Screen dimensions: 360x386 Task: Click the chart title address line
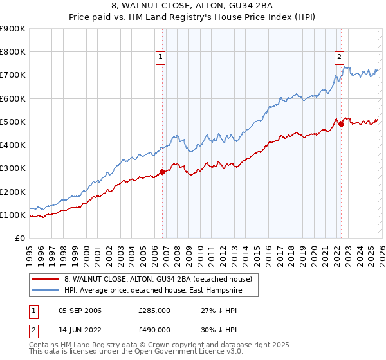coord(192,6)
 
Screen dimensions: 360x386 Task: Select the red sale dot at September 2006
coord(162,172)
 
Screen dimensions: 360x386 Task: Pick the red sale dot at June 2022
coord(341,124)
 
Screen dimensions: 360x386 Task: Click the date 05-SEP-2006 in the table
coord(80,310)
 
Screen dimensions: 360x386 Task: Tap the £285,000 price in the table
coord(154,310)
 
